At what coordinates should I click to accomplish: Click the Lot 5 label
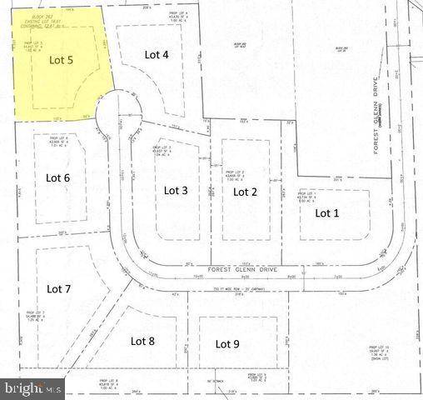[x=62, y=59]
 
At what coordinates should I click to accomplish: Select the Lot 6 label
[x=57, y=177]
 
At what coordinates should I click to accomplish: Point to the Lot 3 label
[x=176, y=190]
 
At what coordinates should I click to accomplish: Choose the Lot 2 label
[x=245, y=192]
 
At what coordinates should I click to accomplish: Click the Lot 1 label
[x=326, y=212]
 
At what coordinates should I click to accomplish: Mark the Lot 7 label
[x=58, y=289]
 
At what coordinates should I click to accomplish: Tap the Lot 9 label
[x=227, y=343]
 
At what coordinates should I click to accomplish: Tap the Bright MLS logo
[x=33, y=388]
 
